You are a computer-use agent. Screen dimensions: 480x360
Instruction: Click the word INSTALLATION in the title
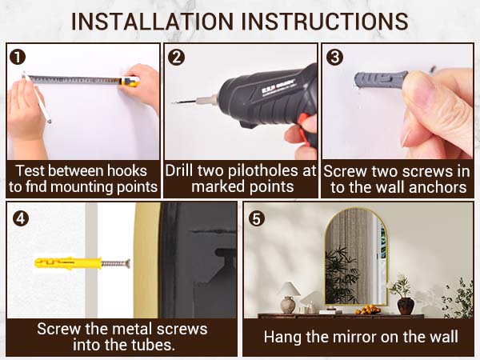(x=153, y=22)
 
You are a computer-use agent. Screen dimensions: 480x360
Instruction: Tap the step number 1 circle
(x=18, y=58)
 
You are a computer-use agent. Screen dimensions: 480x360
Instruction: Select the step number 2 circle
(x=177, y=58)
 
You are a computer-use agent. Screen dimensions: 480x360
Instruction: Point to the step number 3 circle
(x=335, y=58)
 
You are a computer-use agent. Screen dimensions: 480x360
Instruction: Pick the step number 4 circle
(x=21, y=218)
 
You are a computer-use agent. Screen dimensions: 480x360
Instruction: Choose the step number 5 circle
(x=257, y=218)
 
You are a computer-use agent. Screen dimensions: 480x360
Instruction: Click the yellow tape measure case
(x=130, y=81)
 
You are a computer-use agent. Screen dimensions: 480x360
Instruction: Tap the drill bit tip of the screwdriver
(x=174, y=103)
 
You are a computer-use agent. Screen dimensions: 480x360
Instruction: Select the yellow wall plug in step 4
(x=68, y=263)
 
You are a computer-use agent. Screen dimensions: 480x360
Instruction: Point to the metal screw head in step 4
(x=128, y=263)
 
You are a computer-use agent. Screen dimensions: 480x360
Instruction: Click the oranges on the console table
(x=367, y=310)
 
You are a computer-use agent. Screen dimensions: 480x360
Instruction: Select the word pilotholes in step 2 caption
(x=265, y=171)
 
